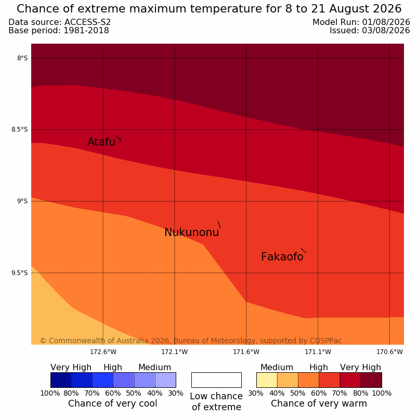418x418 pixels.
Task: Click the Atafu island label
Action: tap(101, 141)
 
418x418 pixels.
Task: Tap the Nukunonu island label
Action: tap(192, 232)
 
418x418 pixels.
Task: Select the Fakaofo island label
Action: tap(282, 257)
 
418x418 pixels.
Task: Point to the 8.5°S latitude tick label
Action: tap(19, 129)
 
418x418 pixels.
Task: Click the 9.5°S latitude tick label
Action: tap(19, 273)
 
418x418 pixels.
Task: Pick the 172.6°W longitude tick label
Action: tap(103, 352)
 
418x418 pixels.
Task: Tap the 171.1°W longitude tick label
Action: tap(318, 352)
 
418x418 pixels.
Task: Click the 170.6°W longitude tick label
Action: tap(389, 352)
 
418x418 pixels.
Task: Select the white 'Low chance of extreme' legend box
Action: tap(216, 380)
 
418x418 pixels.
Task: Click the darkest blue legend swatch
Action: tap(61, 380)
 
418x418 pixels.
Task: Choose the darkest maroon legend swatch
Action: tap(371, 380)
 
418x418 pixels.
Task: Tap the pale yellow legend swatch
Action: tap(267, 380)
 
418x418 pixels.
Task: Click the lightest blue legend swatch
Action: tap(165, 380)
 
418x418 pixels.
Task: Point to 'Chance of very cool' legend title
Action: tap(113, 403)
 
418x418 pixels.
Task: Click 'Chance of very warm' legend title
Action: tap(319, 403)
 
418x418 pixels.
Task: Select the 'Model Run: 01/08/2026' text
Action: tap(361, 22)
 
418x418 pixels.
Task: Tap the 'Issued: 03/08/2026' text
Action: tap(370, 30)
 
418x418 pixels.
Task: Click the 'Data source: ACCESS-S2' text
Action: tap(60, 22)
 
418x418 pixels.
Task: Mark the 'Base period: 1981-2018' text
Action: tap(59, 30)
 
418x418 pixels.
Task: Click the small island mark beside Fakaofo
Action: tap(304, 251)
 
